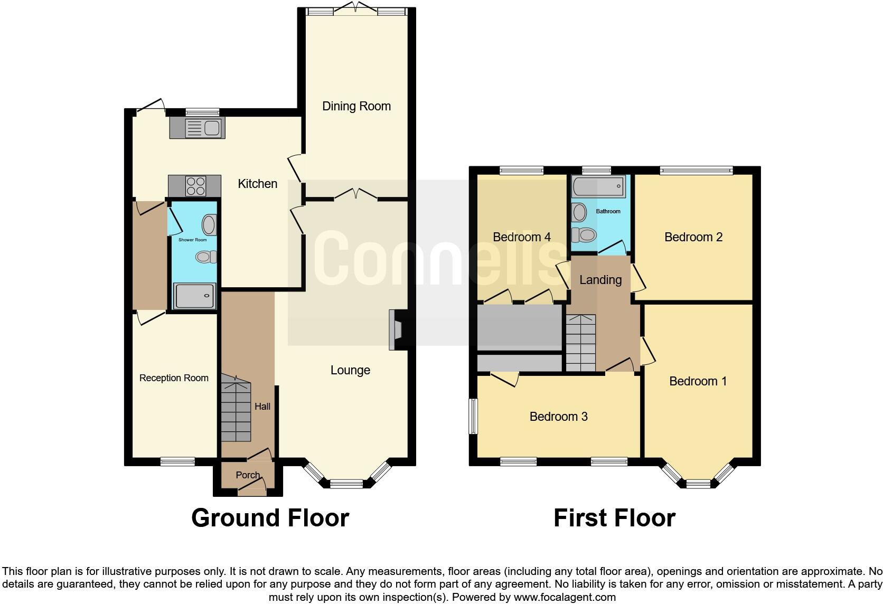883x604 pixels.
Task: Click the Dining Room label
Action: tap(356, 106)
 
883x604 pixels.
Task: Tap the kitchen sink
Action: tap(197, 128)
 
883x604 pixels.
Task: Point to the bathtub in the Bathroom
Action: tap(598, 186)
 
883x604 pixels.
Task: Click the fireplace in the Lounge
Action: tap(396, 329)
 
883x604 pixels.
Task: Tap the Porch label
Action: tap(248, 475)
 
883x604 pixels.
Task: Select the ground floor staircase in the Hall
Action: tap(236, 409)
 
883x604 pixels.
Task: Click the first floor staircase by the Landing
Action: tap(580, 343)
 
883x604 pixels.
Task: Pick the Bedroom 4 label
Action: tap(521, 237)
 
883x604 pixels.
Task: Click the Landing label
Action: tap(600, 280)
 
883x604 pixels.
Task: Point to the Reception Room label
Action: tap(174, 378)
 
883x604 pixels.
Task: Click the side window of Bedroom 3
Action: tap(474, 417)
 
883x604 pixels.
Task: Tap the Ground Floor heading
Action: tap(270, 518)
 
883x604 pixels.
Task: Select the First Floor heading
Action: tap(614, 518)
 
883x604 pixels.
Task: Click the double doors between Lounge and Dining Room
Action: tap(355, 195)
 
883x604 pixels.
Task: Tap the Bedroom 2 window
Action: tap(696, 170)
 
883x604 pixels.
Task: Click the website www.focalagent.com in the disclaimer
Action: tap(563, 597)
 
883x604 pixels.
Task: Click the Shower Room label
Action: tap(192, 240)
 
